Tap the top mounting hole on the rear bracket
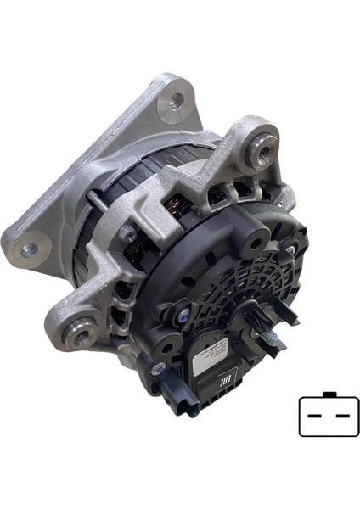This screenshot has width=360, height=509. (x=177, y=100)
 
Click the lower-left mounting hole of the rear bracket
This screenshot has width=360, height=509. (x=29, y=250)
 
